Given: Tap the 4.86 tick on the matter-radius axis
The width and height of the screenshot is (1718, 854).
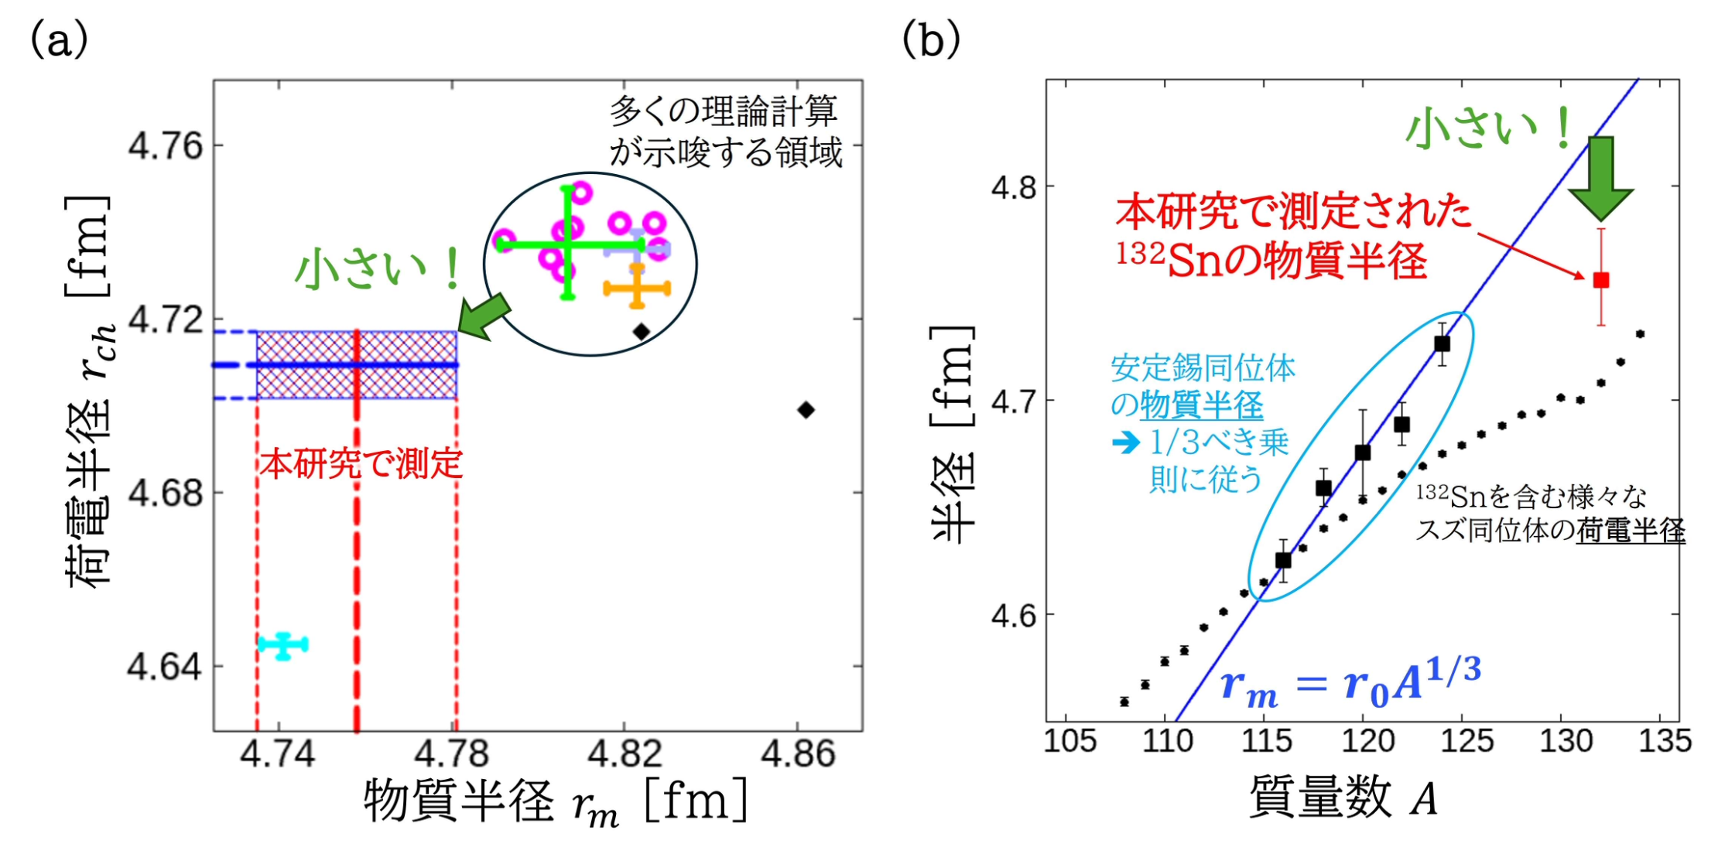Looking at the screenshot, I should click(x=798, y=754).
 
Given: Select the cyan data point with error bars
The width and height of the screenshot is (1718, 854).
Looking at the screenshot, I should click(x=283, y=645).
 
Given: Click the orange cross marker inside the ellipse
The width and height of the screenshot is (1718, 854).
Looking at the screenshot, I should click(x=637, y=289).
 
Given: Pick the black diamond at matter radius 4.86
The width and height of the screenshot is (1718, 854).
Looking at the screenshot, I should click(x=806, y=410).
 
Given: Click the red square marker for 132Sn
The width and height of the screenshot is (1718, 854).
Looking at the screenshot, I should click(x=1600, y=280).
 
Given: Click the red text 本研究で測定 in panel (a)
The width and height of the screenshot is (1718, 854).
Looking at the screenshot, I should click(x=361, y=464).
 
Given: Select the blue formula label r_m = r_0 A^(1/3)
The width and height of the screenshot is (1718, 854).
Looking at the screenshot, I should click(x=1350, y=681).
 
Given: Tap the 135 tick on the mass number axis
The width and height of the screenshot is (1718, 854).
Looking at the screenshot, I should click(x=1665, y=741).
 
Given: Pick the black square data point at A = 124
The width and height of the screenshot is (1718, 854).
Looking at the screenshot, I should click(x=1442, y=343).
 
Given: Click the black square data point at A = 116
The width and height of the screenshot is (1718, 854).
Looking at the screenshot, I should click(x=1283, y=560).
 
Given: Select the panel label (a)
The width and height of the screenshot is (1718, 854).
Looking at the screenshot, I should click(x=58, y=39).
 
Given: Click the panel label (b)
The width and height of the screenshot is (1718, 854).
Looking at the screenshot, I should click(x=931, y=39).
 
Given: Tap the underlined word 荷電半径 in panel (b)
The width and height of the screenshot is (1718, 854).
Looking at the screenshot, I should click(x=1631, y=531).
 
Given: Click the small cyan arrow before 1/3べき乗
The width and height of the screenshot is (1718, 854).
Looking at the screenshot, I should click(x=1126, y=442).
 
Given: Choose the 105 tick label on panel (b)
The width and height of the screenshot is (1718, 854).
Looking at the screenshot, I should click(x=1069, y=741).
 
